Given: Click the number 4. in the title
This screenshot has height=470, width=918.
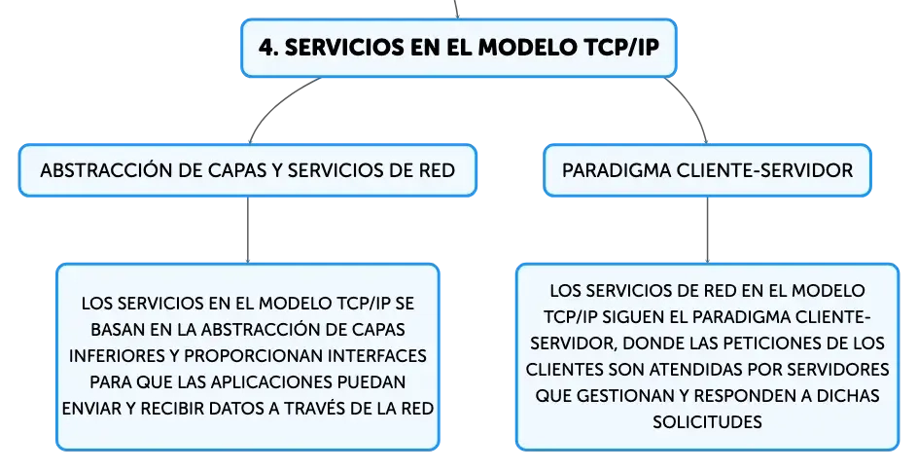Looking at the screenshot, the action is click(x=268, y=48).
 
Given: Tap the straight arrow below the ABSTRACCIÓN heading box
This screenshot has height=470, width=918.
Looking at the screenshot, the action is click(x=248, y=230).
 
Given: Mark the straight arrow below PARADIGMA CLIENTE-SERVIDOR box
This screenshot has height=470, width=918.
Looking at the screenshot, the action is click(x=707, y=230).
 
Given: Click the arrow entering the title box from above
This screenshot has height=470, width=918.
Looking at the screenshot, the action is click(x=456, y=10).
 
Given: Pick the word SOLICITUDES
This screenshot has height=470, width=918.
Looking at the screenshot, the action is click(x=707, y=422).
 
